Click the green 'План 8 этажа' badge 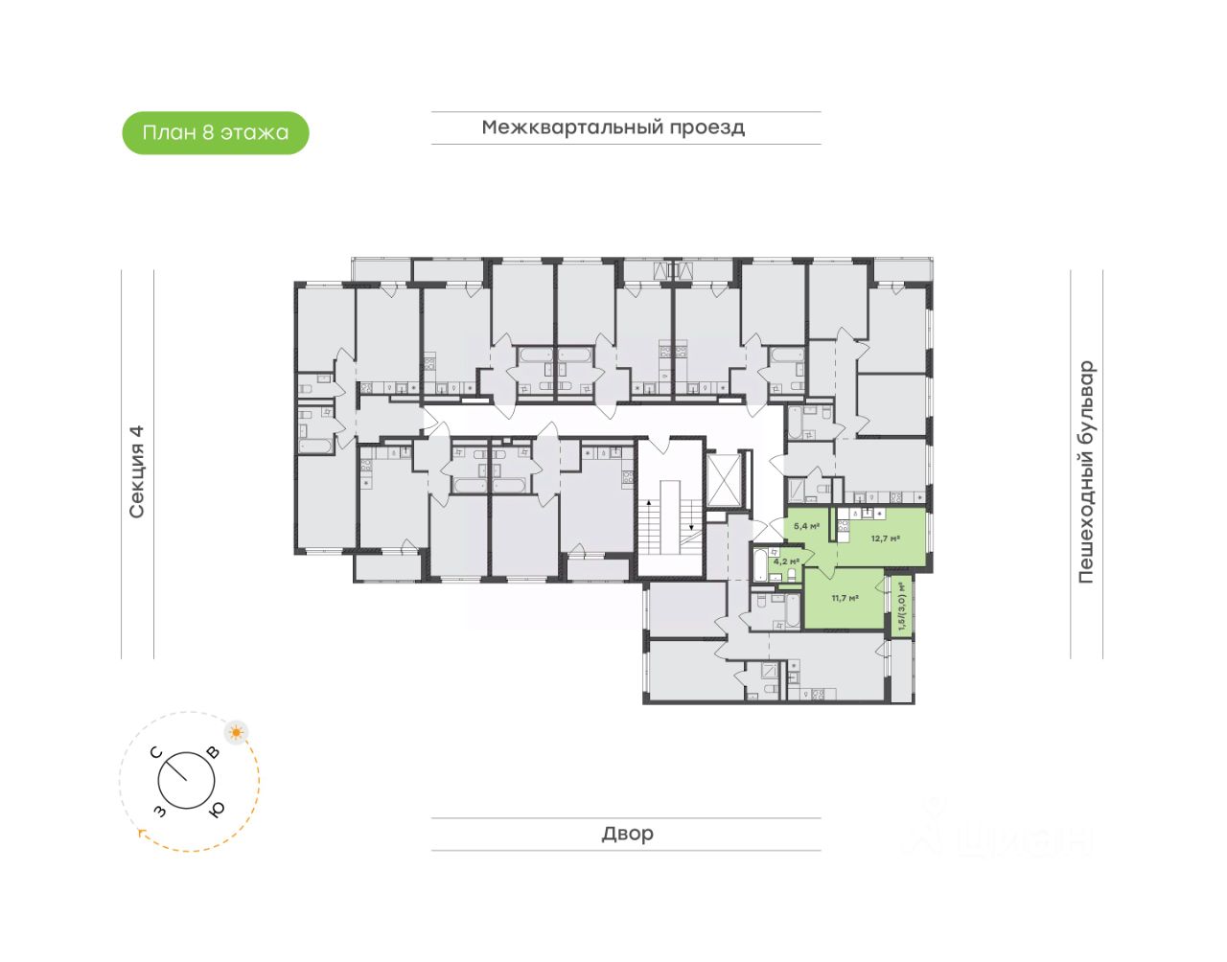tap(216, 133)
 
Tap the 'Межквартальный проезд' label tap(613, 127)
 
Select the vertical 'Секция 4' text tap(137, 471)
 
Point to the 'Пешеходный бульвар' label tap(1086, 471)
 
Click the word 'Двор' tap(628, 834)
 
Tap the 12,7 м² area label tap(885, 538)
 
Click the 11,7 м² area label tap(845, 598)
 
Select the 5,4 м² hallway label tap(806, 526)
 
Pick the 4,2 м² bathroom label tap(786, 561)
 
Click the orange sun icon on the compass tap(236, 733)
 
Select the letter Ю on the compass tap(217, 810)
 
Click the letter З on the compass tap(159, 812)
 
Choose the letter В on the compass tap(213, 753)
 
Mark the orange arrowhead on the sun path tap(141, 833)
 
